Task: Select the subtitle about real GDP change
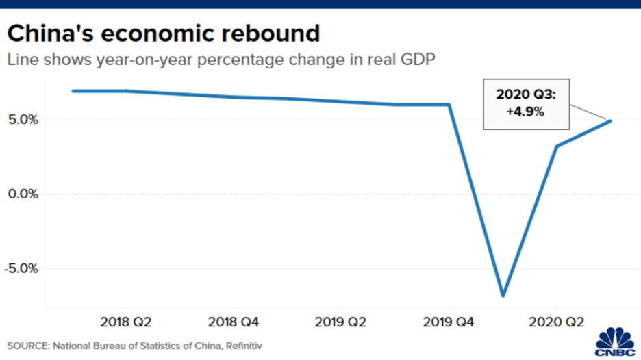(x=221, y=60)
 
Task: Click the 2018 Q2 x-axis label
(x=125, y=322)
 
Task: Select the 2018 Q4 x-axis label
(x=233, y=322)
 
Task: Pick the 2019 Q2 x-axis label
(x=340, y=322)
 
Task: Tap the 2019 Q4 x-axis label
(x=448, y=322)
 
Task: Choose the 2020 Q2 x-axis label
(x=555, y=322)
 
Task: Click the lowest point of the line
(x=503, y=296)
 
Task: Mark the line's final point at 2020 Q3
(x=609, y=121)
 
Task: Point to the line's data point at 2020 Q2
(x=556, y=146)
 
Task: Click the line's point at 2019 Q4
(x=449, y=105)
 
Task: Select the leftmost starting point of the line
(x=73, y=91)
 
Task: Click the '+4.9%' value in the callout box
(x=525, y=112)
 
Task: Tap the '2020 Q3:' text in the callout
(x=525, y=95)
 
